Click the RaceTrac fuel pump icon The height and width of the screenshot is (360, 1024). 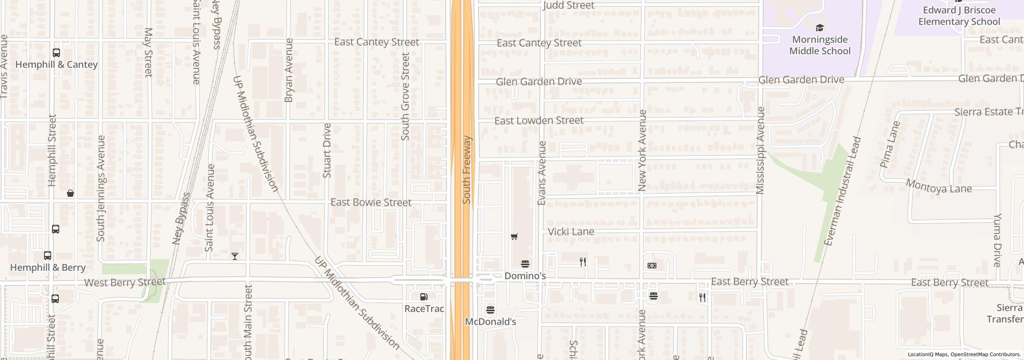click(424, 297)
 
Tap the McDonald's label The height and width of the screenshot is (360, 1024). click(490, 322)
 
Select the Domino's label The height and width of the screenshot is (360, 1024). click(525, 276)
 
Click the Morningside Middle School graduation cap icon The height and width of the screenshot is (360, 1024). click(820, 28)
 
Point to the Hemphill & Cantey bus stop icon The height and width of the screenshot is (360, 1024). click(56, 53)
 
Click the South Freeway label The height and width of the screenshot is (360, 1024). click(466, 170)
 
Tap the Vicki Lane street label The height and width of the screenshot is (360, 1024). click(570, 232)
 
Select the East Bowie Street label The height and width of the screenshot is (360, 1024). click(370, 202)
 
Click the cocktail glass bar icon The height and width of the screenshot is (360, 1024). click(235, 256)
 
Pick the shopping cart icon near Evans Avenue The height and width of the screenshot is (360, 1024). click(514, 237)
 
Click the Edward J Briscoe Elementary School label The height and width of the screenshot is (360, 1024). click(959, 16)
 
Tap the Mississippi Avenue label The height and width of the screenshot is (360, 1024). click(760, 151)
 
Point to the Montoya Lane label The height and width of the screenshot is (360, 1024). click(938, 187)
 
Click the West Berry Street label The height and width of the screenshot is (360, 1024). click(124, 282)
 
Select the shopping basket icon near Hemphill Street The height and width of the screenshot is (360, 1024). click(70, 194)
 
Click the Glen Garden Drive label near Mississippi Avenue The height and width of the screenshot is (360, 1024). click(801, 80)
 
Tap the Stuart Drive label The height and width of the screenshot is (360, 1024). click(327, 151)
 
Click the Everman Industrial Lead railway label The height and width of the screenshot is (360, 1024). click(842, 191)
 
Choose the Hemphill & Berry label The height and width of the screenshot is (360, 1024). click(48, 268)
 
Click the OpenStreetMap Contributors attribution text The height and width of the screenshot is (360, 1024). click(985, 354)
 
